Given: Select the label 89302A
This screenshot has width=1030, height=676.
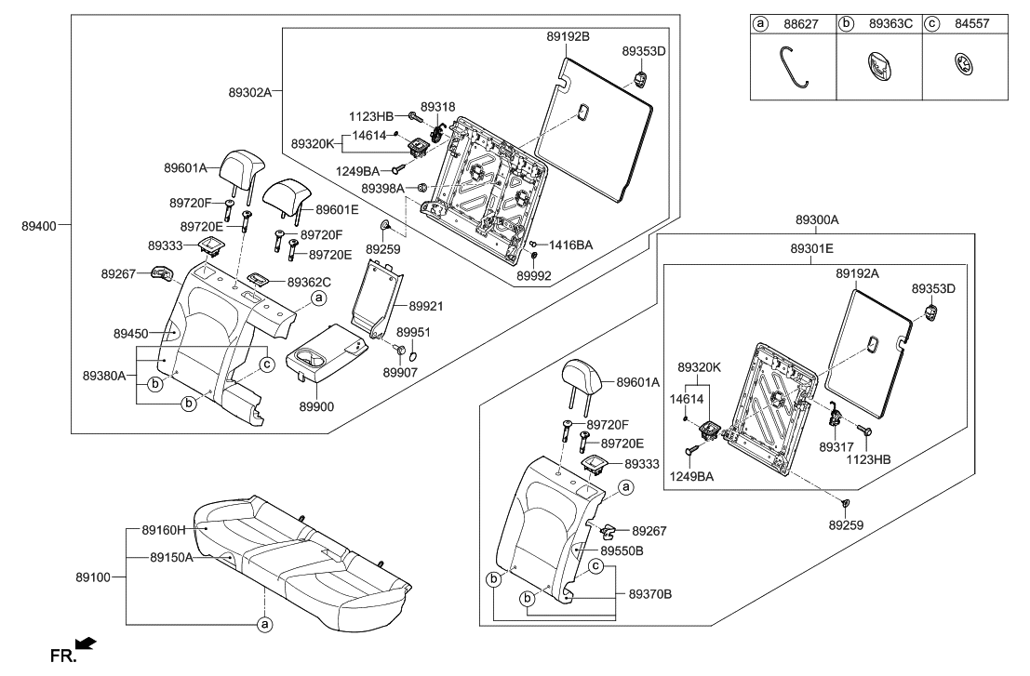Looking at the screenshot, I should tap(249, 92).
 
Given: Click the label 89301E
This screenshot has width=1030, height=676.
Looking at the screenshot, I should tap(812, 250).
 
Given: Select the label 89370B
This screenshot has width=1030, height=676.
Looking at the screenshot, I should tap(650, 592).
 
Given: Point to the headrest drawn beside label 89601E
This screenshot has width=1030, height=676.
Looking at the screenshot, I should tap(284, 198).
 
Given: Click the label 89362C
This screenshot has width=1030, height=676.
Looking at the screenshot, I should tap(309, 281).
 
